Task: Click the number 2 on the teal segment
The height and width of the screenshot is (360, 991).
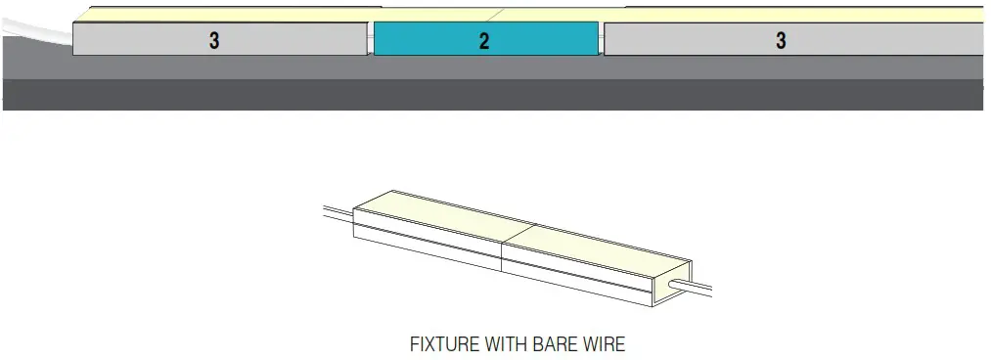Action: pos(484,42)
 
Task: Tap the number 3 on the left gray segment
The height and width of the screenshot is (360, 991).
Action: pos(213,41)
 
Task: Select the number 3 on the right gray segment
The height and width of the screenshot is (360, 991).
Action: pos(780,41)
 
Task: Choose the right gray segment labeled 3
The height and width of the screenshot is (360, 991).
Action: pos(880,39)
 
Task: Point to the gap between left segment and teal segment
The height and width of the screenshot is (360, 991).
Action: pos(370,40)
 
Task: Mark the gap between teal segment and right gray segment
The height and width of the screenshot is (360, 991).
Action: pos(601,40)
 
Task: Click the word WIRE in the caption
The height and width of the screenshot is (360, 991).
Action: pos(606,344)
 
